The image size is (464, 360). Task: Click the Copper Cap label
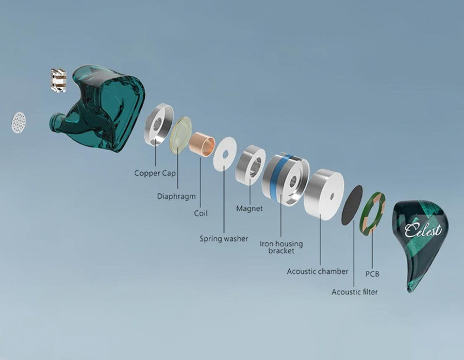coord(155,173)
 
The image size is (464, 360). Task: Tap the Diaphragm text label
coord(177,196)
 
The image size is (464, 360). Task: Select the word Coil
coord(201,213)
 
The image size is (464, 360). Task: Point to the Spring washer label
coord(224,239)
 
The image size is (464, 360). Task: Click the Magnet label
coord(250,208)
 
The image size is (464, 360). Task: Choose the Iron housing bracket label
coord(281,247)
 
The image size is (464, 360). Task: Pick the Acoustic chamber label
coord(318,271)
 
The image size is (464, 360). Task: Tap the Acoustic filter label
coord(354,292)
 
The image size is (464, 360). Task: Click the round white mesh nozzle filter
coord(19,120)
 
